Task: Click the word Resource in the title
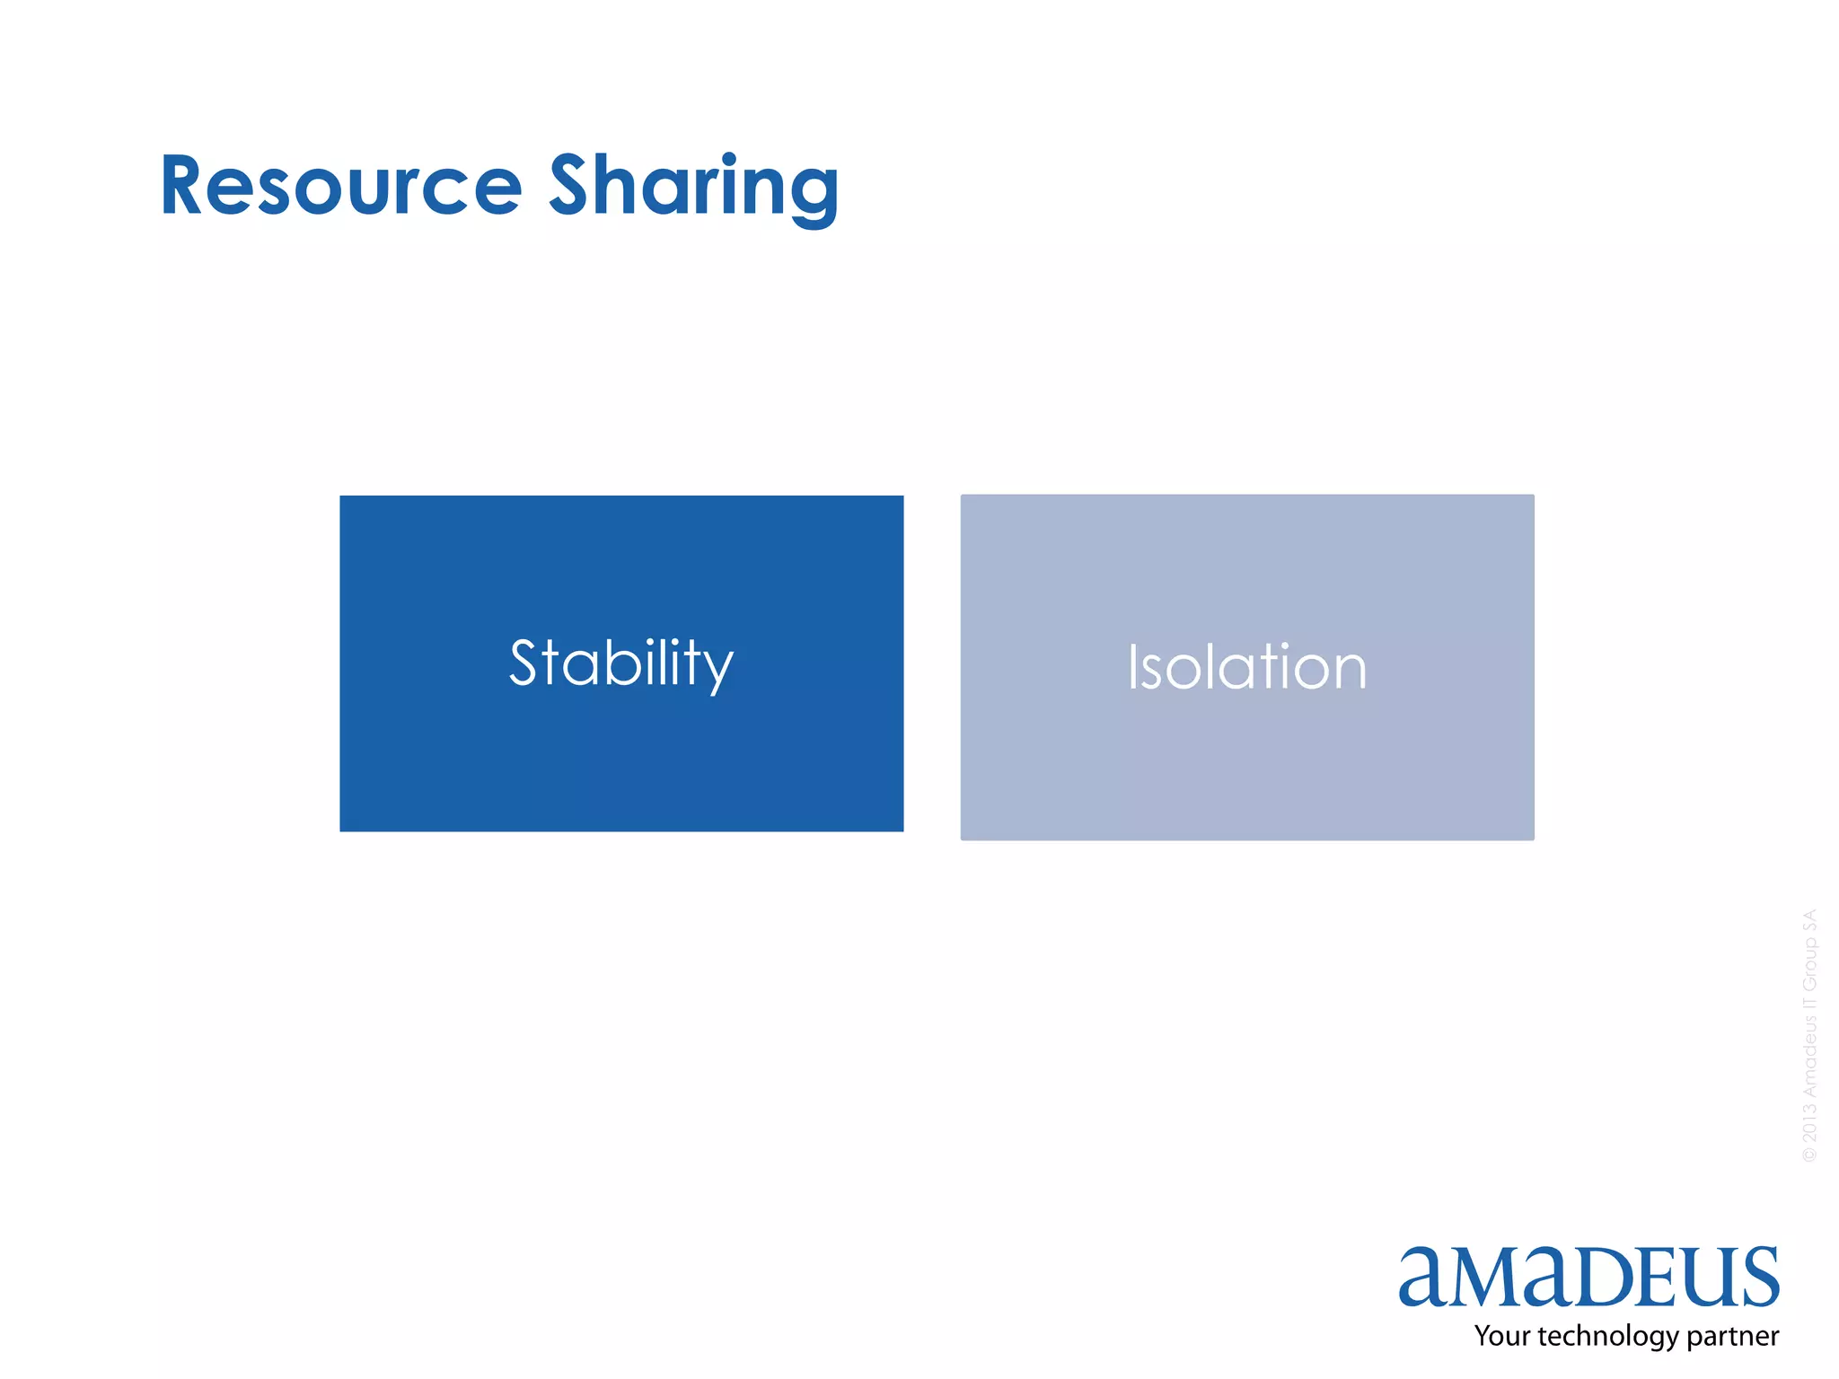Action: point(341,186)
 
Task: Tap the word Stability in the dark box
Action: point(621,663)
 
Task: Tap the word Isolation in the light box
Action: point(1247,667)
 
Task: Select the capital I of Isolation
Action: point(1133,667)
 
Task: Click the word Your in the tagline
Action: point(1501,1336)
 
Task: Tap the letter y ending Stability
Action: point(719,671)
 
